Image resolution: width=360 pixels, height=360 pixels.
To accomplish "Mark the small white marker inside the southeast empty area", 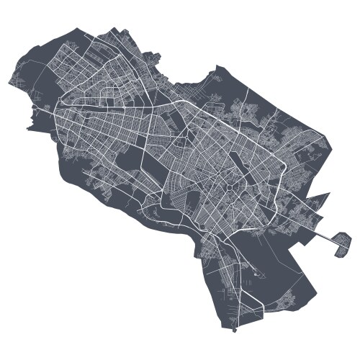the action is (x=257, y=274).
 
